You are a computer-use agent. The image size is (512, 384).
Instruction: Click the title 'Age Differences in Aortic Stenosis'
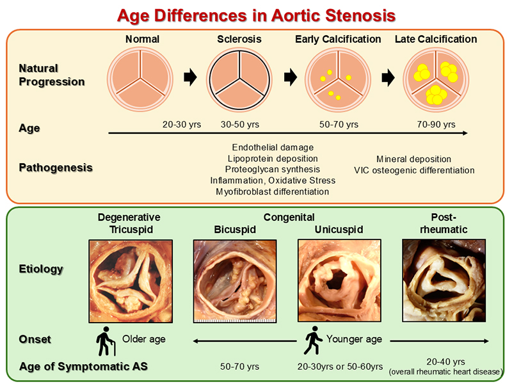[x=257, y=15]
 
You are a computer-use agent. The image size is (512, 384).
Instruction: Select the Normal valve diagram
[x=140, y=79]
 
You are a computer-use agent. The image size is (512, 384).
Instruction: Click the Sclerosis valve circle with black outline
[x=239, y=80]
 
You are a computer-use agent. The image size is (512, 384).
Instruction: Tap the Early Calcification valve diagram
[x=338, y=80]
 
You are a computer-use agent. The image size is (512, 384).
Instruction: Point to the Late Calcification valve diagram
[x=436, y=80]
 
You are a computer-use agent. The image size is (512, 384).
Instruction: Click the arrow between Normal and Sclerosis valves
[x=190, y=77]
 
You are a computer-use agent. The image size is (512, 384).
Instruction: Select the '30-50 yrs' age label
[x=240, y=124]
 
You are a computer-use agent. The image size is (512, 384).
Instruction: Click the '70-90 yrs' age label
[x=436, y=124]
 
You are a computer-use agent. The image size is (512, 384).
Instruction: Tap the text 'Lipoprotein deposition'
[x=273, y=159]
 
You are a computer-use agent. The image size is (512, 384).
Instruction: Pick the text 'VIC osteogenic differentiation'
[x=414, y=170]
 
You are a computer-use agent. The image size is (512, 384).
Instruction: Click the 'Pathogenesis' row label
[x=56, y=168]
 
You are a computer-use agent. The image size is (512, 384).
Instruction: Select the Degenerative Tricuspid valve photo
[x=131, y=281]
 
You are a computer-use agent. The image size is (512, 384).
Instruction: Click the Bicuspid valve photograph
[x=235, y=281]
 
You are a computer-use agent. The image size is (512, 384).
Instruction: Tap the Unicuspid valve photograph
[x=339, y=280]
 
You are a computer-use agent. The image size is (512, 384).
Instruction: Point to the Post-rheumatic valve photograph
[x=444, y=280]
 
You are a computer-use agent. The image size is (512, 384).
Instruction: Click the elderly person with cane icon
[x=106, y=341]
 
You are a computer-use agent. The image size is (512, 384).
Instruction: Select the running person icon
[x=312, y=340]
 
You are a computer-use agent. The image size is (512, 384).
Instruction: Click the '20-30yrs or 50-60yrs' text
[x=340, y=367]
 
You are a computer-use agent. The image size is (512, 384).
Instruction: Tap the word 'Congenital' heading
[x=289, y=217]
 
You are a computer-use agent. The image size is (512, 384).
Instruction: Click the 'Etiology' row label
[x=41, y=269]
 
